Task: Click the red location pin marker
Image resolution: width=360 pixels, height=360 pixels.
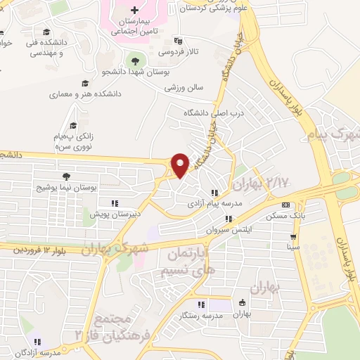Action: click(x=181, y=165)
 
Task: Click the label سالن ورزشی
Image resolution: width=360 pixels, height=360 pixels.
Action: click(x=184, y=88)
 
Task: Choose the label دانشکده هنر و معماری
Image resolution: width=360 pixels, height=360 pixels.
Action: click(x=85, y=94)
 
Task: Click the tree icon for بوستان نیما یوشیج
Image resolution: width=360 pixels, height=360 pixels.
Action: click(x=66, y=176)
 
